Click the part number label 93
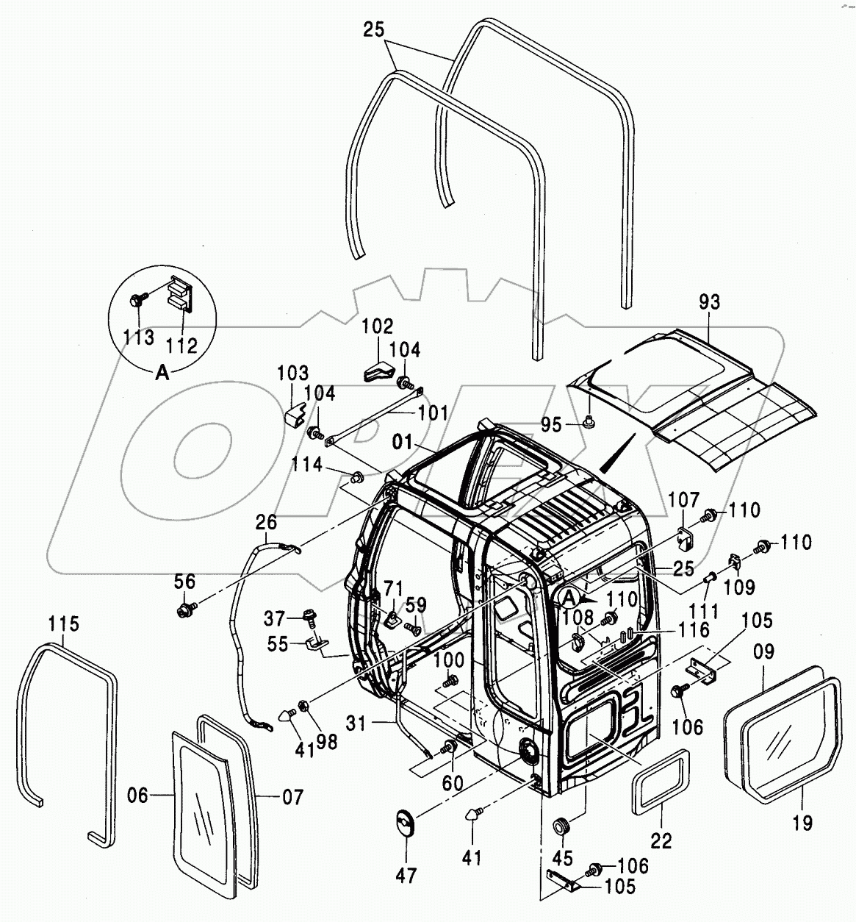(x=710, y=302)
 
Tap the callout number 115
(x=63, y=624)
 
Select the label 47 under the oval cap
(x=406, y=876)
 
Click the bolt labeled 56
(x=184, y=610)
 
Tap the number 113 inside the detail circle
(x=139, y=337)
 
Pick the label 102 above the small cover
(x=378, y=326)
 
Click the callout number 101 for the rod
(x=432, y=413)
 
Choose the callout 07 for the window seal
(x=292, y=796)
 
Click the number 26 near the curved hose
(x=265, y=523)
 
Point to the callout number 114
(x=306, y=465)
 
